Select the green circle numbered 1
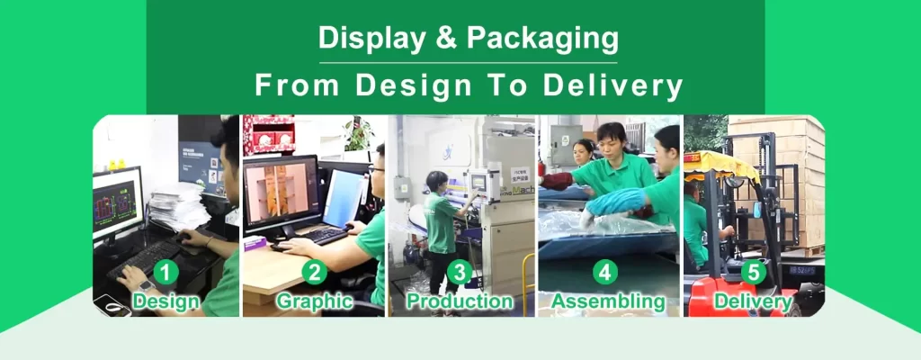tap(166, 271)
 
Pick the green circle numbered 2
tap(314, 271)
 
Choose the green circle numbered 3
tap(460, 271)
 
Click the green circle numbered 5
tap(753, 271)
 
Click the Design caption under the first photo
tap(166, 301)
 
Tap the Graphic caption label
tap(314, 301)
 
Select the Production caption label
tap(460, 301)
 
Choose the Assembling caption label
tap(607, 301)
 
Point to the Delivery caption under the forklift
tap(753, 301)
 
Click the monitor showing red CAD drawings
tap(117, 202)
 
